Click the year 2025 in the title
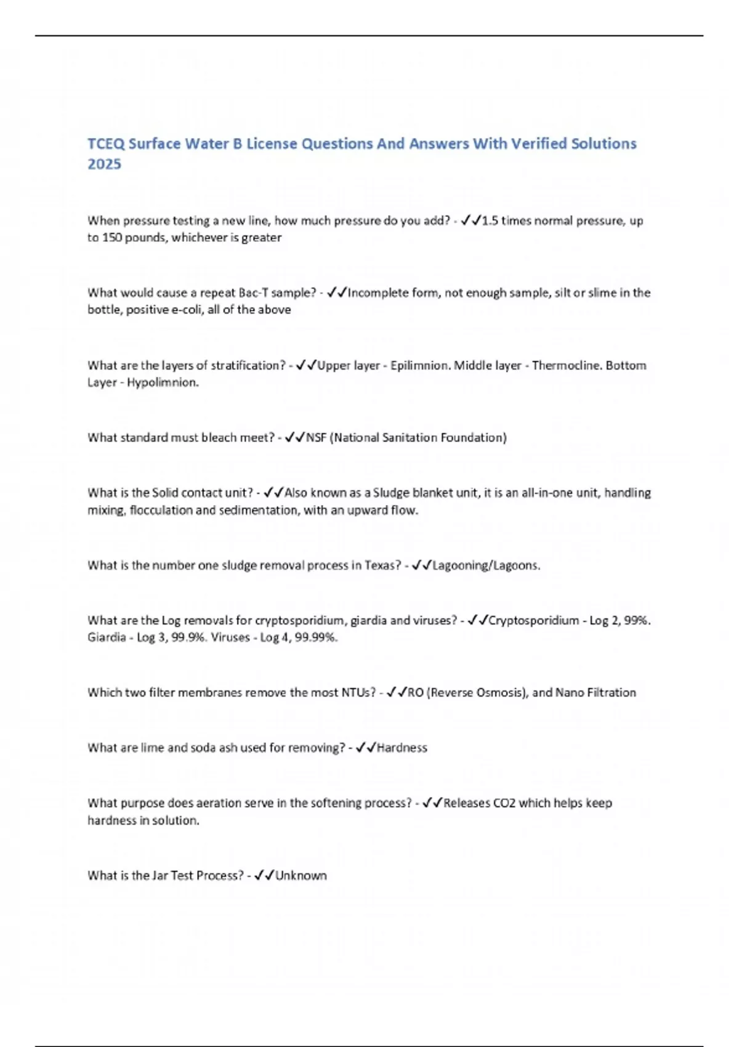pos(104,164)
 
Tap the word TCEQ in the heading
pos(106,144)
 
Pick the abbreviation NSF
pos(316,438)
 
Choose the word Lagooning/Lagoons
pos(486,565)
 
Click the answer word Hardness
pos(402,748)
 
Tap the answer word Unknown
pos(301,876)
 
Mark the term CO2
pos(504,803)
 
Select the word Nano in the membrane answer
pos(570,693)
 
